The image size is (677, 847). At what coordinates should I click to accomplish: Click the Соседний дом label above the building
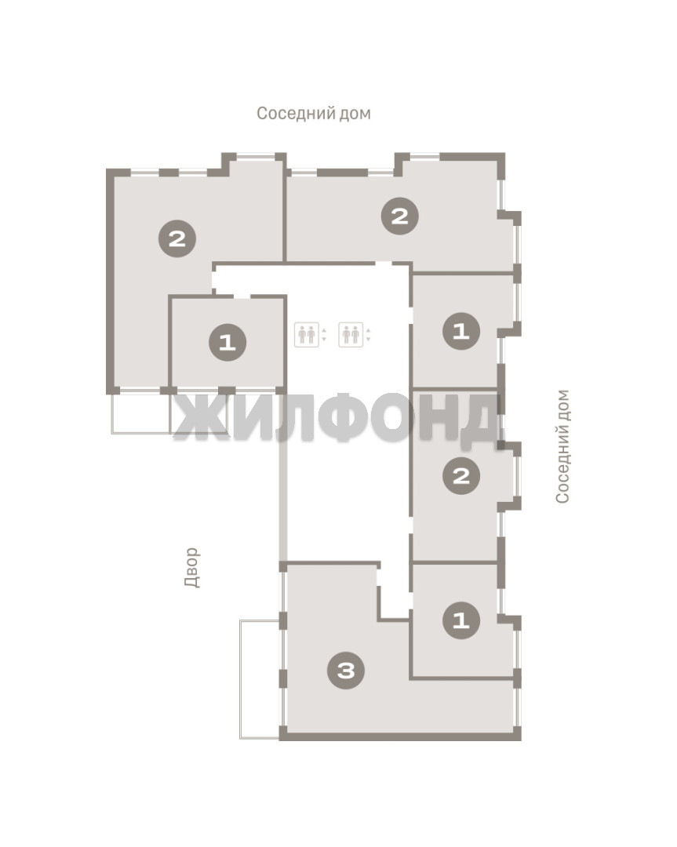(313, 114)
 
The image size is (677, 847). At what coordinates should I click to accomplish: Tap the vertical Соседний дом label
(562, 447)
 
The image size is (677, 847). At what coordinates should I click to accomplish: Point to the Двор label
(192, 567)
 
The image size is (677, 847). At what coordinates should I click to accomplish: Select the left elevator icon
(307, 334)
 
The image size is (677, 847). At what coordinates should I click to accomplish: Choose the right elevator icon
(351, 334)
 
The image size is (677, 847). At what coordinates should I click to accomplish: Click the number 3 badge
(346, 671)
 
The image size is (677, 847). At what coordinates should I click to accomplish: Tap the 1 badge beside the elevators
(227, 342)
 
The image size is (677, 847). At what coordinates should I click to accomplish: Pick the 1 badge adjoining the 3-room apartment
(461, 620)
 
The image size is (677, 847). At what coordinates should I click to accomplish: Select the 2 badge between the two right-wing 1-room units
(461, 476)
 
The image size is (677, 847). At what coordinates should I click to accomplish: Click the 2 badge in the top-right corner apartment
(400, 216)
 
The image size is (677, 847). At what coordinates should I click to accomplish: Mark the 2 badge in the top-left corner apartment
(177, 238)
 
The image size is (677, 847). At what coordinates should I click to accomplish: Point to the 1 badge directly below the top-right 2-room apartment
(461, 331)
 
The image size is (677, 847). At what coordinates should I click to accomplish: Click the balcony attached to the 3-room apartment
(260, 679)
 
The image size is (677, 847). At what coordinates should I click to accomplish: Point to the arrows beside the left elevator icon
(324, 334)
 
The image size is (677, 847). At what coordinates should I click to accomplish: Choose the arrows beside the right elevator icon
(369, 334)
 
